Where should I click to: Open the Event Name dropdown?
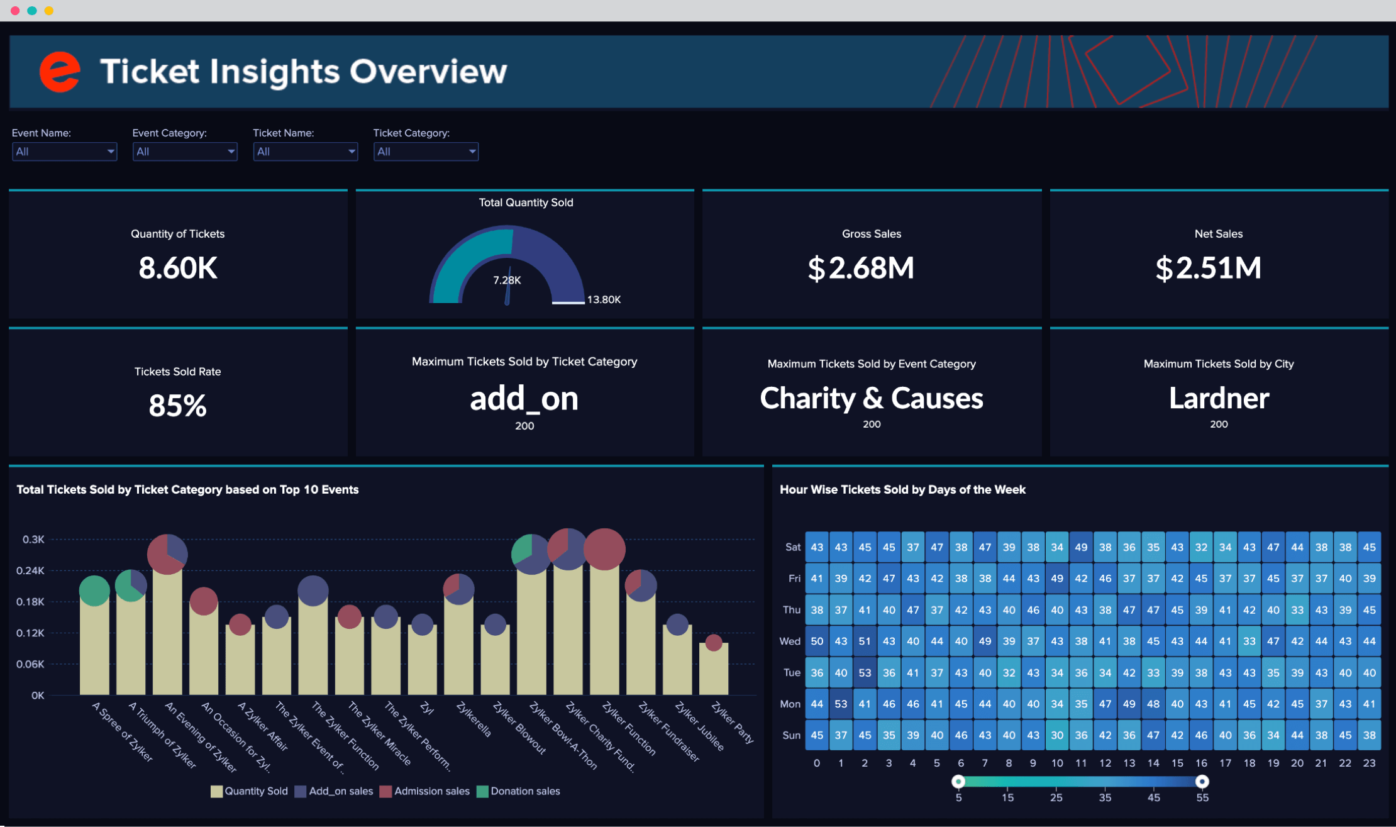coord(64,152)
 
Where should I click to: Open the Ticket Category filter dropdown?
coord(426,152)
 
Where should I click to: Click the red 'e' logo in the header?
coord(60,72)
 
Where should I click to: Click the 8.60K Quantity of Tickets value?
coord(178,268)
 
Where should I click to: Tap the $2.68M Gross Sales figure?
coord(861,269)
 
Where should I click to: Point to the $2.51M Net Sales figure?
coord(1208,269)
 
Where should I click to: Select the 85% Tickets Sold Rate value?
coord(178,406)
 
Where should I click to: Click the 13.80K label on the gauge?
coord(604,300)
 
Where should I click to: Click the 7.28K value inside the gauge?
coord(507,280)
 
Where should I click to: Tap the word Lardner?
coord(1219,398)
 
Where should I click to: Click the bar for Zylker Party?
coord(714,669)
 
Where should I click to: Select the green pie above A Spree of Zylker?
coord(94,591)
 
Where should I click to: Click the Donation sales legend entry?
coord(518,791)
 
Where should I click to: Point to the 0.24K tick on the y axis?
coord(30,570)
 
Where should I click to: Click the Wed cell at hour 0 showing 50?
coord(817,641)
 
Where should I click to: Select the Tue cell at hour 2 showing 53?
coord(865,673)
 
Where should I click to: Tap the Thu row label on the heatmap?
coord(792,610)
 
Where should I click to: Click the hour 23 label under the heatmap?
coord(1370,763)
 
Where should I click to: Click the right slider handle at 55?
coord(1202,781)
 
